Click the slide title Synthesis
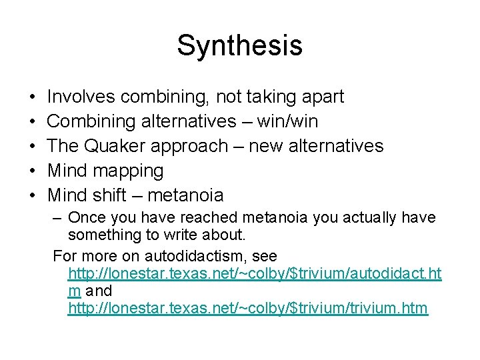[x=239, y=46]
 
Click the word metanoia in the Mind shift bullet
[x=185, y=195]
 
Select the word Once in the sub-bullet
[x=84, y=218]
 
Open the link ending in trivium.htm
[x=248, y=309]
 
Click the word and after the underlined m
[x=99, y=291]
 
